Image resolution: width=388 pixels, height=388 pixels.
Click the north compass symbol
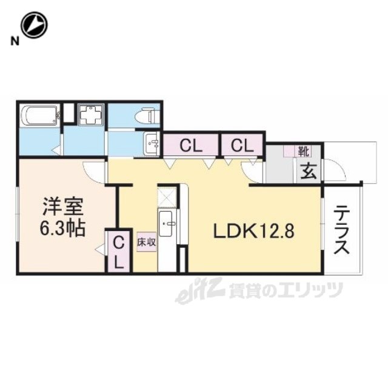tap(34, 25)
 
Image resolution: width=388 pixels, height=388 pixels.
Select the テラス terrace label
tap(343, 230)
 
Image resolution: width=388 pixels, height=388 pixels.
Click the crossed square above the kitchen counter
tap(166, 196)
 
